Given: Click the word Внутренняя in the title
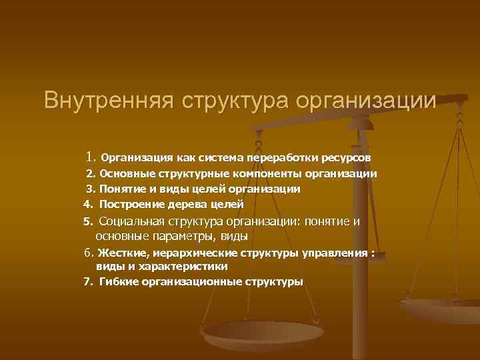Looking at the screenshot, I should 107,101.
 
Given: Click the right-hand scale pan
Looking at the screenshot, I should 441,308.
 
